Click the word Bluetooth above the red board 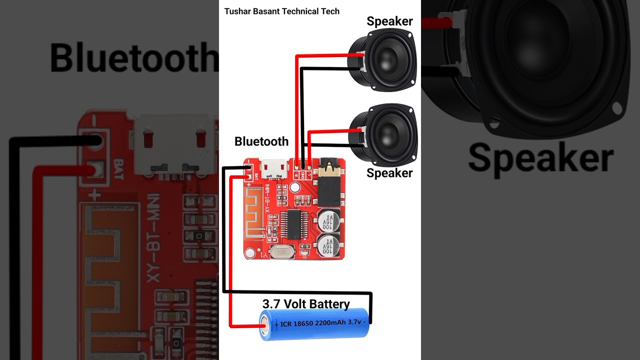point(261,141)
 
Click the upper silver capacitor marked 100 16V point(329,219)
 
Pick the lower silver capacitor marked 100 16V point(329,246)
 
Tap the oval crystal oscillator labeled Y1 point(281,252)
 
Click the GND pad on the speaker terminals point(303,173)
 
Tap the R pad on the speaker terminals point(296,173)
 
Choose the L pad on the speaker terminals point(309,173)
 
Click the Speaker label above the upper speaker point(389,21)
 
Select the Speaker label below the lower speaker point(389,173)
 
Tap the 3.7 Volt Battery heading point(306,303)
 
